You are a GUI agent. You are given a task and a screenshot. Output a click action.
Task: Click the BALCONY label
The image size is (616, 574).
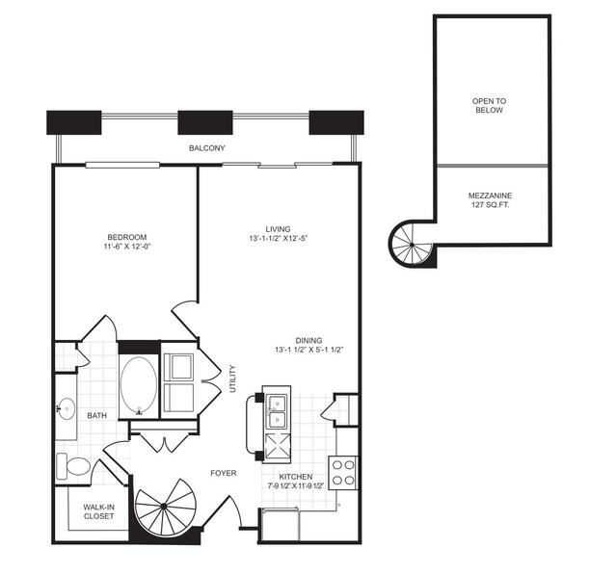pos(206,148)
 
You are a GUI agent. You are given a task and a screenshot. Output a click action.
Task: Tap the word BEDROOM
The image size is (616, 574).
pos(126,237)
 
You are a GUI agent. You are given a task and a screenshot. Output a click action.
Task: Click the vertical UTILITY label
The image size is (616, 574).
pos(232,377)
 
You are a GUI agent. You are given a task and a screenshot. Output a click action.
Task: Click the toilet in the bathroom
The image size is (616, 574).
pos(73,468)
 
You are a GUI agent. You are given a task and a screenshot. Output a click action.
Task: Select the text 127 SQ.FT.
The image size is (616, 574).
pos(491,205)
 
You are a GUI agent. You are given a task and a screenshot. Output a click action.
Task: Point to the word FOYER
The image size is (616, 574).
pos(225,473)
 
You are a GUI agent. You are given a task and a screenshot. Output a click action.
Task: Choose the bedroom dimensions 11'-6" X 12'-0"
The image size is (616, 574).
pos(126,248)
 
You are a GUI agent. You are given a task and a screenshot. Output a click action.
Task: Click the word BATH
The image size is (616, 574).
pos(97,416)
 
